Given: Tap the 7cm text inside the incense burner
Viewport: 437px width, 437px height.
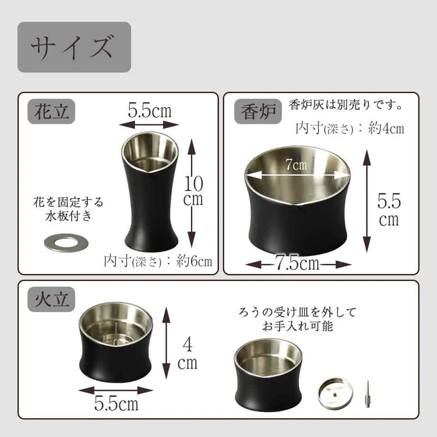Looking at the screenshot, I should point(297,165).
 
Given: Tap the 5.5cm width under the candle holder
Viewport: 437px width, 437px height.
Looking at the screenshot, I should point(116,403).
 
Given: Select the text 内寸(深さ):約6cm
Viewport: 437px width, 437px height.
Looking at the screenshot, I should point(158,260).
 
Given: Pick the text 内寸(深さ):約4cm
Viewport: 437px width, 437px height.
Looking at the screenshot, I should point(350,129).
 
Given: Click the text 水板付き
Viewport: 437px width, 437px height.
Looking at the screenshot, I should point(69,217).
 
